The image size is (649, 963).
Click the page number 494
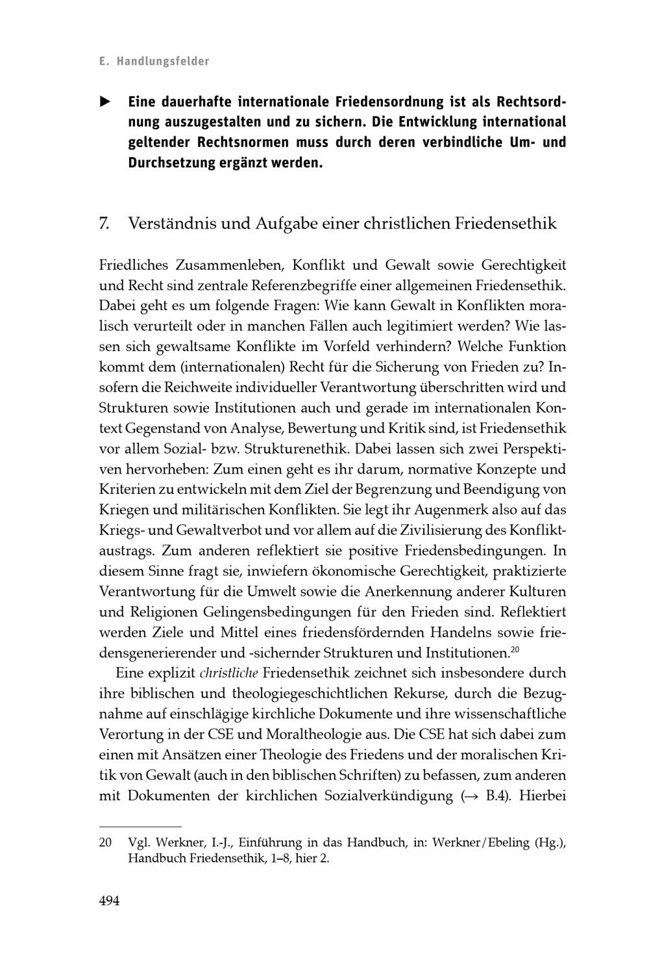coord(109,901)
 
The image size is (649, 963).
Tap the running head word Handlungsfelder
coord(163,62)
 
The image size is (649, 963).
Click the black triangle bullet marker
coord(104,102)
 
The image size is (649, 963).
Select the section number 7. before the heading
coord(104,224)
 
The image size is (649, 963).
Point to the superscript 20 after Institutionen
coord(515,650)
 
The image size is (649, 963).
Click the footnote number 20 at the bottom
coord(105,843)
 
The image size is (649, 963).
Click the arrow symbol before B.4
coord(473,796)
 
